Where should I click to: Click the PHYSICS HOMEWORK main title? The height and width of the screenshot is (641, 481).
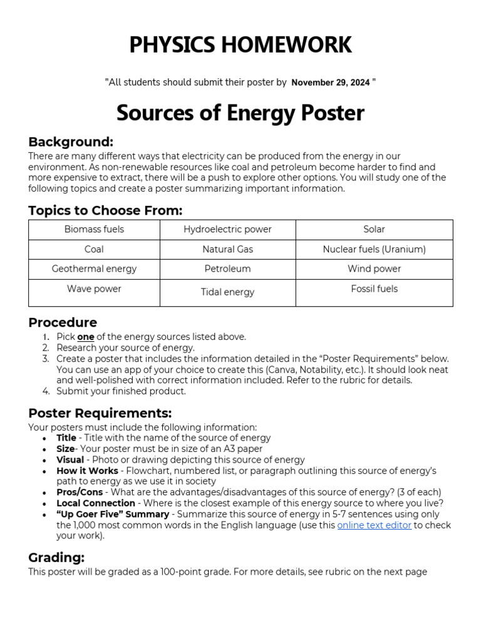(240, 45)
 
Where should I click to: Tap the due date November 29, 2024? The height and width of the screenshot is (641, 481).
(331, 82)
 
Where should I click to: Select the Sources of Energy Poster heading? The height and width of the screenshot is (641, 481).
(240, 113)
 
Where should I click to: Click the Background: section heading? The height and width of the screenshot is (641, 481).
(71, 141)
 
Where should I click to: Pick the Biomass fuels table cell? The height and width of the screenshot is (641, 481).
(94, 229)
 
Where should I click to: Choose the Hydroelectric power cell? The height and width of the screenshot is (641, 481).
(227, 229)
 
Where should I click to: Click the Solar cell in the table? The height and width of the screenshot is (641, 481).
(374, 229)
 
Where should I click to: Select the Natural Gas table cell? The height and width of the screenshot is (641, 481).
(227, 249)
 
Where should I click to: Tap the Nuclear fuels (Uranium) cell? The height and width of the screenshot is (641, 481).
(374, 249)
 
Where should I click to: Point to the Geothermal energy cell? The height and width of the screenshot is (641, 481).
(94, 269)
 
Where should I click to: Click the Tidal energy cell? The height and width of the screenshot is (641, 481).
(227, 292)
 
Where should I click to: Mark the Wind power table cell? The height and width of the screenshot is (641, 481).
(374, 269)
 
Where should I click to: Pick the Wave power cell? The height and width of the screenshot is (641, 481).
(94, 289)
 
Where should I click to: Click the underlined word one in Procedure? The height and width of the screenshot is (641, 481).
(86, 337)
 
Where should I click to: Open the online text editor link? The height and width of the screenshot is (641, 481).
(374, 525)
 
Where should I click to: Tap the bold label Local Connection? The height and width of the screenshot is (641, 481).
(95, 503)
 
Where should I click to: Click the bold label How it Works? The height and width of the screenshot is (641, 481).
(87, 470)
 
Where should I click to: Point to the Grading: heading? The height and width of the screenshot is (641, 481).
(56, 557)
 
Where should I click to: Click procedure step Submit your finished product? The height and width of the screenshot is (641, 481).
(121, 391)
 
